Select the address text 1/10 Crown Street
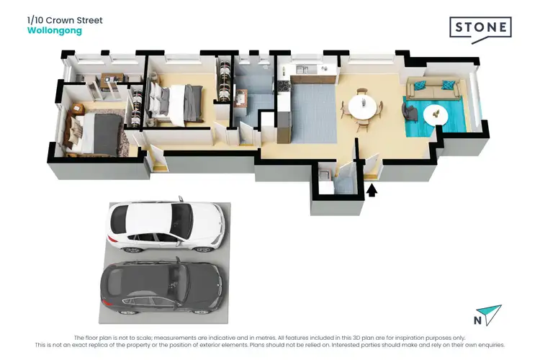click(x=65, y=20)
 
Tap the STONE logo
click(x=480, y=28)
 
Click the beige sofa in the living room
click(x=431, y=89)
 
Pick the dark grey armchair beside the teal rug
click(x=410, y=112)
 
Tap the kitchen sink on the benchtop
click(x=302, y=71)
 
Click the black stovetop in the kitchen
click(x=283, y=86)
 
